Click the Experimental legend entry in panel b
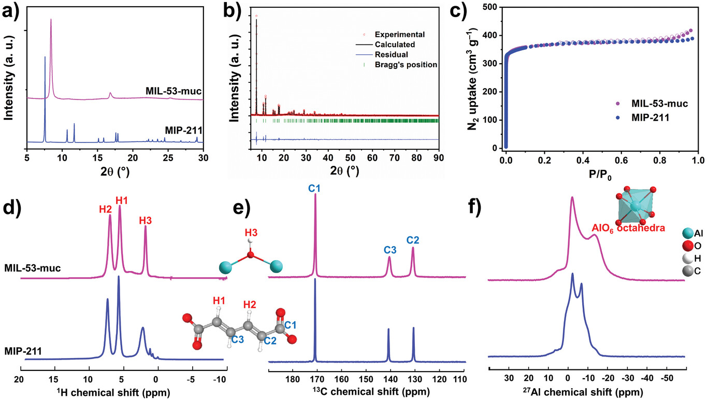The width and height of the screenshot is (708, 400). point(402,35)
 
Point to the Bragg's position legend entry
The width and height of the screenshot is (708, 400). point(407,65)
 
